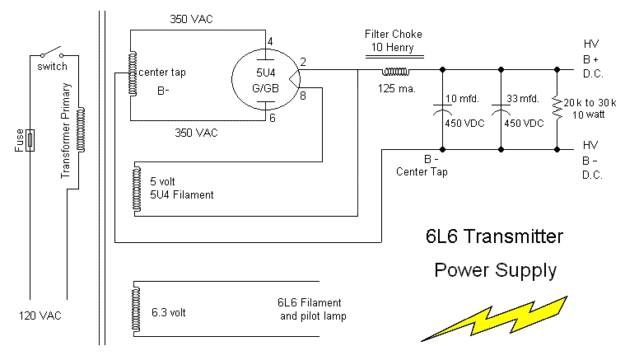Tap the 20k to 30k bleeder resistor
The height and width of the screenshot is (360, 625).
pos(557,108)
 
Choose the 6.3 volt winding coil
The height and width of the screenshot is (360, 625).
pos(135,308)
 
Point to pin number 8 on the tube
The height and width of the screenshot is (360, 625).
pos(302,96)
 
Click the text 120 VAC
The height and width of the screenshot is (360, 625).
pos(40,316)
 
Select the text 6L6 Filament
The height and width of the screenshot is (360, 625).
pos(310,302)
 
